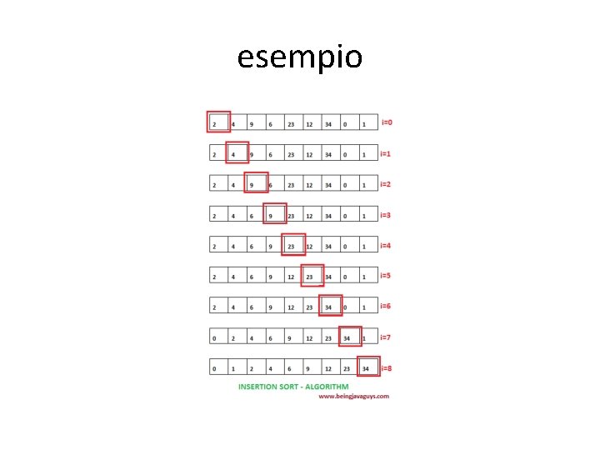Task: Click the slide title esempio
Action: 299,58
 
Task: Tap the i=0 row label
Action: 387,122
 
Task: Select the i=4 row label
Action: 387,245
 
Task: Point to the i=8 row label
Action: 387,367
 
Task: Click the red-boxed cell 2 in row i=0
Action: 217,123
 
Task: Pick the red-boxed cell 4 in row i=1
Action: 236,154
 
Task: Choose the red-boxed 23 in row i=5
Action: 311,276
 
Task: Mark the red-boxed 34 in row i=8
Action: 367,367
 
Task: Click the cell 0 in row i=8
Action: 215,367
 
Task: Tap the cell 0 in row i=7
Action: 215,337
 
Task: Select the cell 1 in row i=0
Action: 364,124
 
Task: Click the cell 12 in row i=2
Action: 309,185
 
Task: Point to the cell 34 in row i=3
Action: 328,215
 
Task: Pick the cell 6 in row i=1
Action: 270,154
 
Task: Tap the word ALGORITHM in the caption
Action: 327,387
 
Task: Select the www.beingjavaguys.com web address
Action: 353,397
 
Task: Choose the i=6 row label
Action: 387,306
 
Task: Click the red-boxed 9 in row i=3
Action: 274,215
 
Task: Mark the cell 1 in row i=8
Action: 233,367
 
